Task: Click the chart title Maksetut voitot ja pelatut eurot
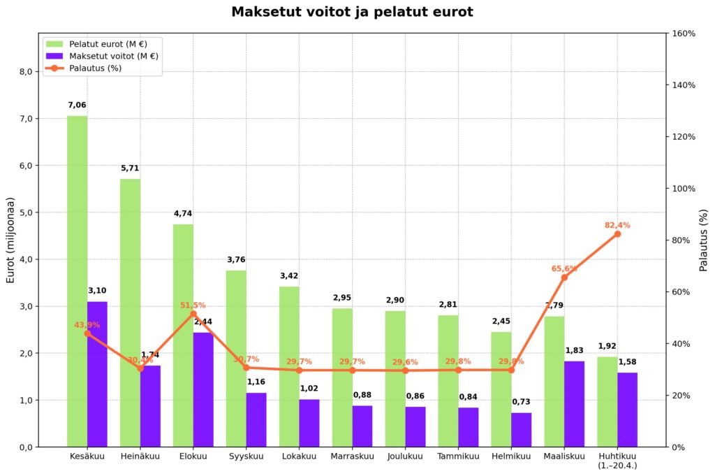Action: click(352, 12)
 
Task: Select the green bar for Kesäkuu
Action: click(77, 280)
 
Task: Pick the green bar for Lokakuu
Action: click(289, 366)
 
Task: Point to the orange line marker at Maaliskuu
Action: click(564, 277)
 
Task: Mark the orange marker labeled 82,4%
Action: click(617, 233)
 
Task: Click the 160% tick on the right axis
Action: click(684, 34)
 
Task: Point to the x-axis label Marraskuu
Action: click(352, 456)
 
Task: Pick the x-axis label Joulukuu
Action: click(405, 456)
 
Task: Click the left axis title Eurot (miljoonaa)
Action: click(11, 239)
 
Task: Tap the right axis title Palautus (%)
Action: click(703, 239)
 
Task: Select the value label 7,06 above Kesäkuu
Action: click(77, 106)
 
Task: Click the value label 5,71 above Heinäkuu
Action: click(130, 168)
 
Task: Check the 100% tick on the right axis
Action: click(684, 189)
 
